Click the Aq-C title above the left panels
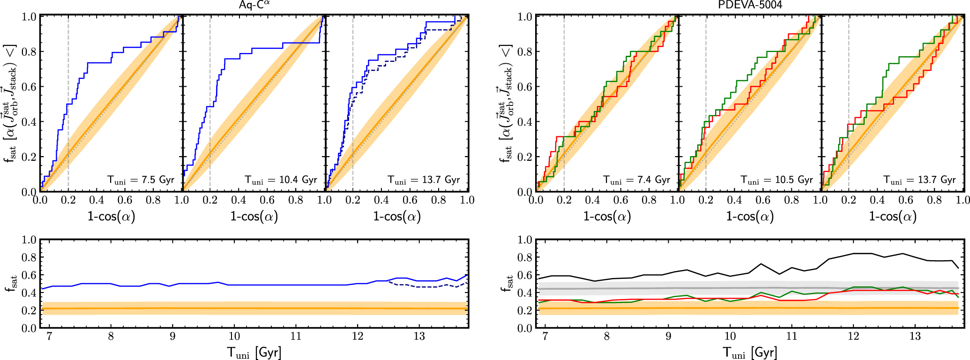[254, 5]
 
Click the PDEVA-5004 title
[750, 5]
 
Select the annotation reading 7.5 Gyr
[141, 180]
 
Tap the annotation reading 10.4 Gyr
[281, 180]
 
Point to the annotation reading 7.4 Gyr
[637, 180]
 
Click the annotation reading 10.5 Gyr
[776, 180]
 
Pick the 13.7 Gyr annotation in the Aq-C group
[424, 180]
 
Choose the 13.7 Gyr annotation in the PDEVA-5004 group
[919, 180]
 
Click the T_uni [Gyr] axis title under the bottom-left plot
[254, 352]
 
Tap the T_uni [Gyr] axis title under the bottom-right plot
[750, 352]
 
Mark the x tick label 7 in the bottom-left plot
[49, 336]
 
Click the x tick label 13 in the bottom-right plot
[915, 336]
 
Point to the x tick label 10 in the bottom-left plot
[234, 336]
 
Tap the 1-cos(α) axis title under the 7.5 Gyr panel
[111, 216]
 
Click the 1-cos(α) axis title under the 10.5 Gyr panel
[750, 216]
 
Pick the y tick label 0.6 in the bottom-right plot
[525, 275]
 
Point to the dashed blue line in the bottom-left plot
[422, 286]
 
